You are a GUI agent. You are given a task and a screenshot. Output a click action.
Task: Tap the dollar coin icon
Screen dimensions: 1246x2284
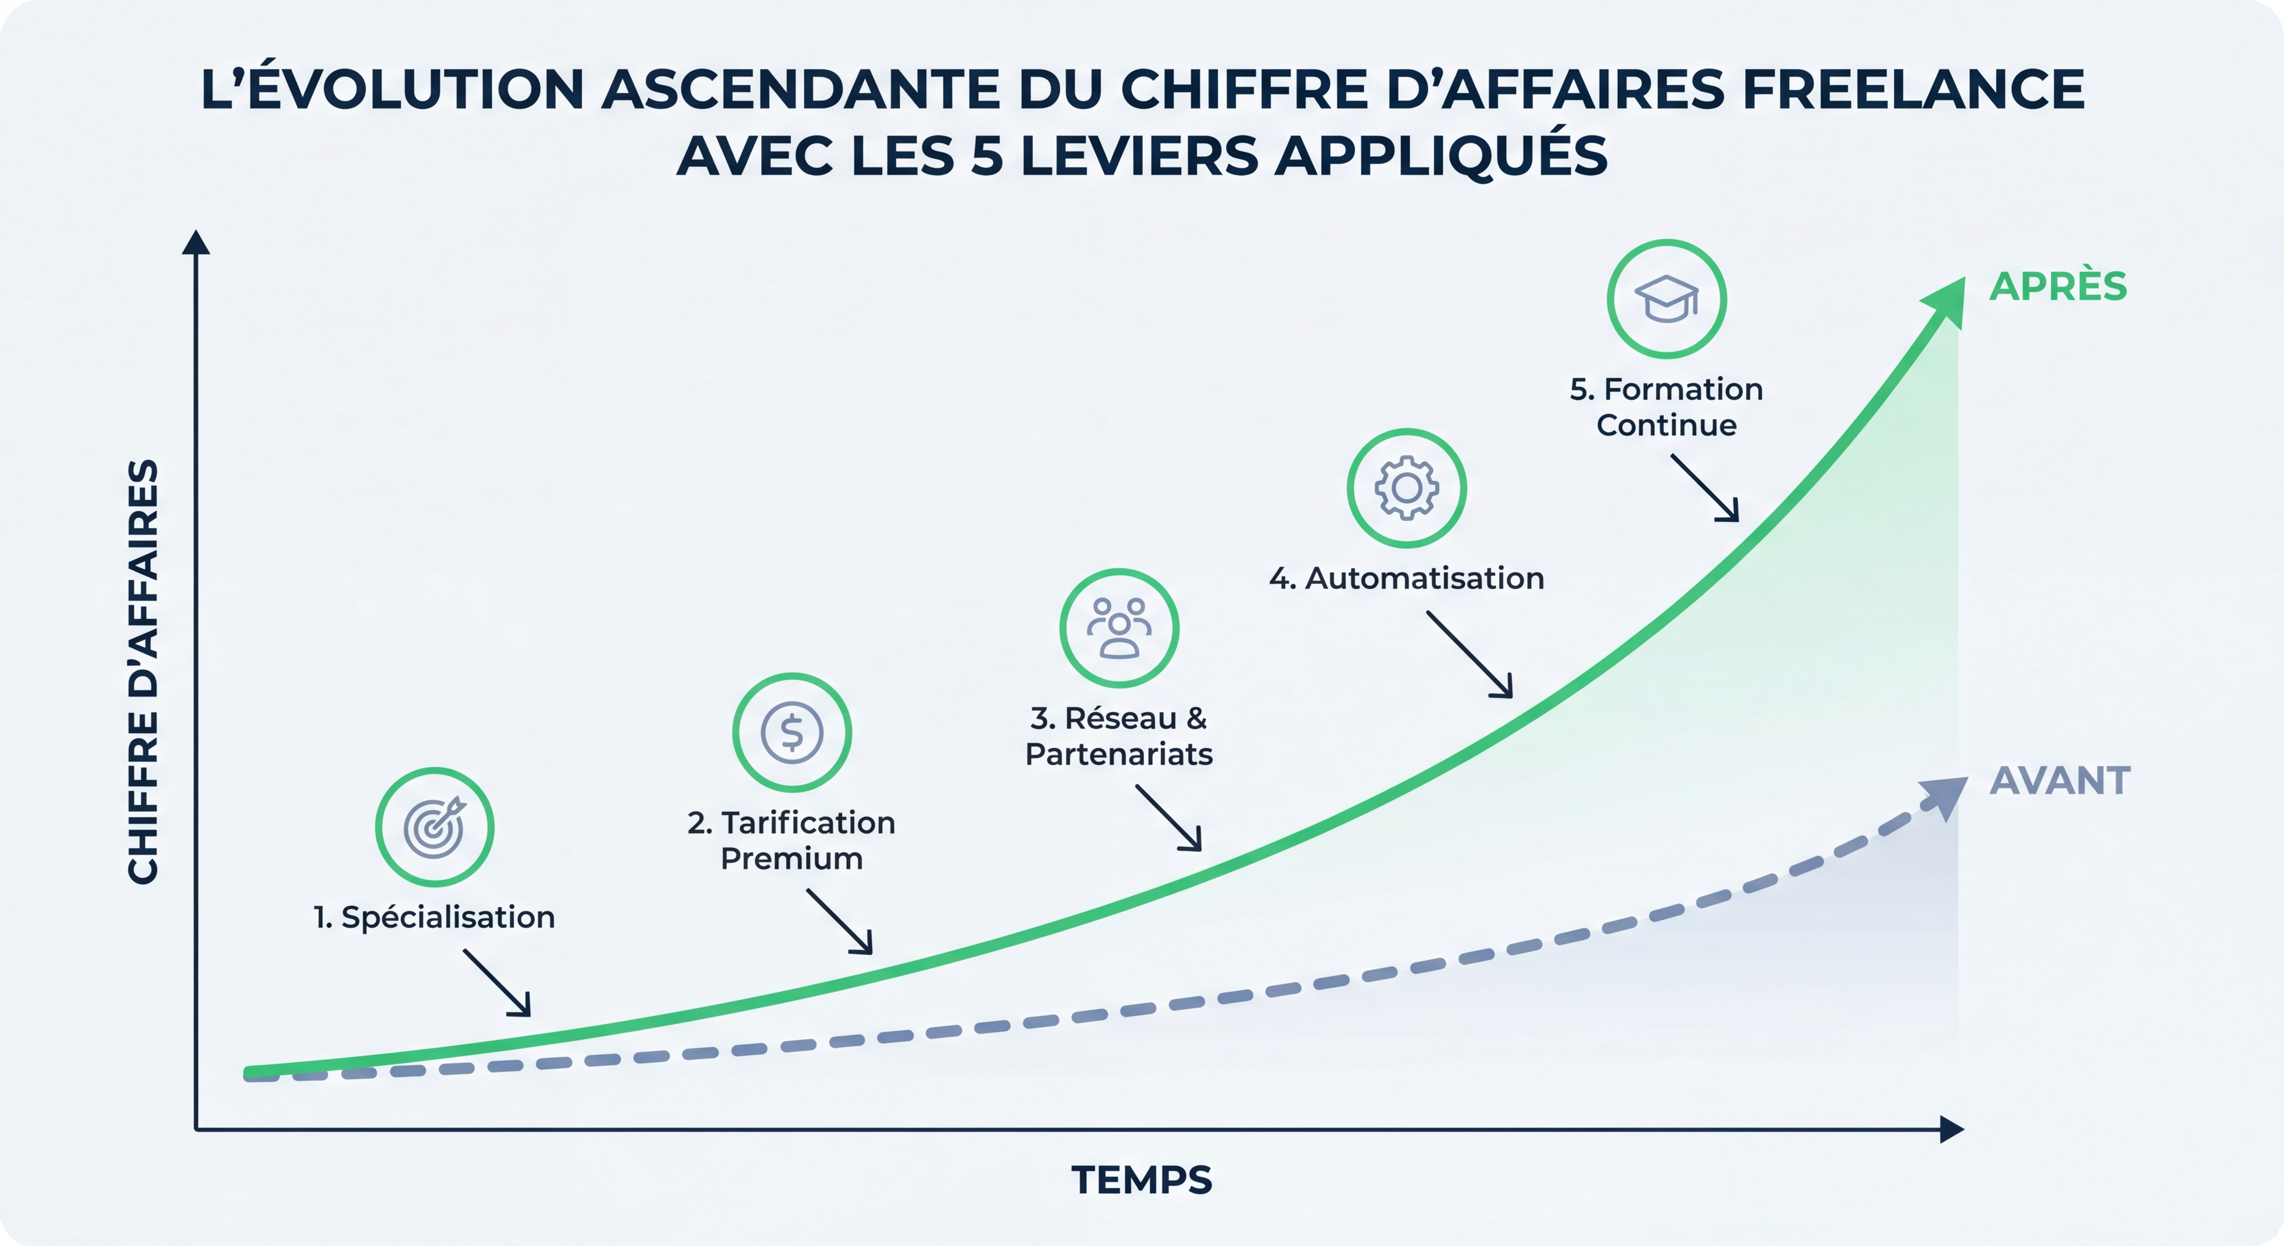point(792,733)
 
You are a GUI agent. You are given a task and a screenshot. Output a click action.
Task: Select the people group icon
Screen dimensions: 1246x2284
point(1119,628)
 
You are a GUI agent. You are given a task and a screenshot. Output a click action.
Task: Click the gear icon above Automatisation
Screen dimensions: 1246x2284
point(1406,488)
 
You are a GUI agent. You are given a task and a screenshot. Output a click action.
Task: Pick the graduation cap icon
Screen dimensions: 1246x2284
point(1666,299)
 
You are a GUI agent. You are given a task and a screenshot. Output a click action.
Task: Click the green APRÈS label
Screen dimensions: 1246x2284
point(2058,286)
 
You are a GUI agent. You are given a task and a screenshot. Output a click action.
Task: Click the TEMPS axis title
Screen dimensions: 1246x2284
point(1141,1180)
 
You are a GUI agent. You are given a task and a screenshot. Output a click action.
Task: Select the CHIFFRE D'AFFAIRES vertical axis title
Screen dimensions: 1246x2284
point(144,671)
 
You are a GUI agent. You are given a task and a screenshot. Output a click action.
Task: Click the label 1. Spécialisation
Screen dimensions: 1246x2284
point(434,917)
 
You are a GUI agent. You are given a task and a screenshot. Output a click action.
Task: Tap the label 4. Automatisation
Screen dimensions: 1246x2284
point(1406,578)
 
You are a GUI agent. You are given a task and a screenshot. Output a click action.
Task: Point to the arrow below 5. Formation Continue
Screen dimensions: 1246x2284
point(1705,488)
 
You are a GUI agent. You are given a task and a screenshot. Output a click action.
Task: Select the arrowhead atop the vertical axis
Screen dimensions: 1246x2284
point(196,242)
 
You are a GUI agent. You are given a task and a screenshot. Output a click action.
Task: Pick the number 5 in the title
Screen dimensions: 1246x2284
point(987,156)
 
